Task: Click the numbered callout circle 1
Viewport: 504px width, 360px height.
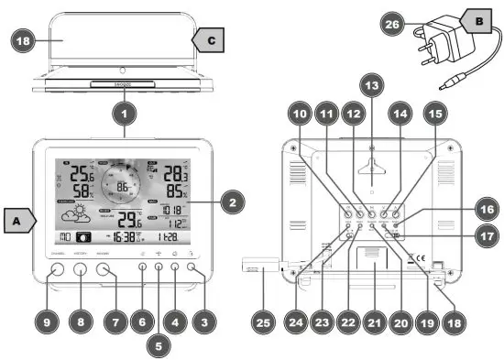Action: coord(125,116)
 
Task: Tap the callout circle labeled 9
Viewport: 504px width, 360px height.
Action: coord(49,322)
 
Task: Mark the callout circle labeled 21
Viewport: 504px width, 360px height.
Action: coord(373,322)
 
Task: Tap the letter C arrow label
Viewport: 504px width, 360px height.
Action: coord(207,41)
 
